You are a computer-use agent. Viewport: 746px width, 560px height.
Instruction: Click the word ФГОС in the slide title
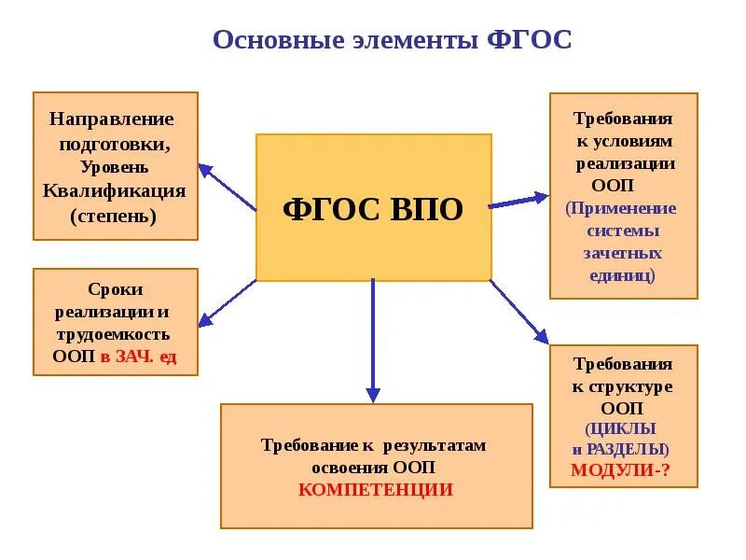[x=529, y=41]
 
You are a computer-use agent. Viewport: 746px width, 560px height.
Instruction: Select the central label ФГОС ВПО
[x=372, y=208]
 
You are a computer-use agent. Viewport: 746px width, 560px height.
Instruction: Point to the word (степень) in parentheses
[x=114, y=215]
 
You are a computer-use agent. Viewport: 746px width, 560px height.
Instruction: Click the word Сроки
[x=115, y=289]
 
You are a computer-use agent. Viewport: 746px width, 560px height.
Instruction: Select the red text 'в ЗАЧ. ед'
[x=138, y=356]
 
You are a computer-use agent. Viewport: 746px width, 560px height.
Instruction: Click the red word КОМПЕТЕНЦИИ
[x=376, y=489]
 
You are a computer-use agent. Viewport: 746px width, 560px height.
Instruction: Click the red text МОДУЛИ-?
[x=621, y=470]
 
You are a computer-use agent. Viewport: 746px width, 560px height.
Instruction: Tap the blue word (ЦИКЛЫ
[x=621, y=429]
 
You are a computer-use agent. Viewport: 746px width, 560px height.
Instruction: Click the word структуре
[x=629, y=386]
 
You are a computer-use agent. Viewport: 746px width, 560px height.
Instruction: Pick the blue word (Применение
[x=621, y=208]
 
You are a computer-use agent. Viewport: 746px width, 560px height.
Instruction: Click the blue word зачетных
[x=623, y=253]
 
